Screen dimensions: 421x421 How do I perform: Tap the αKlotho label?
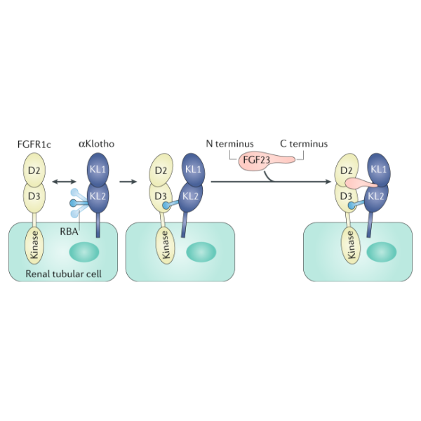point(95,145)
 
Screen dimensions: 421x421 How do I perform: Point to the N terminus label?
point(229,144)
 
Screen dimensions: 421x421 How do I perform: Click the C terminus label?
point(304,144)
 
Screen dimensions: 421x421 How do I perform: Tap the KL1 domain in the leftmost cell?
point(98,171)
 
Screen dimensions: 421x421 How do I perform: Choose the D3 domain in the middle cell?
point(161,196)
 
